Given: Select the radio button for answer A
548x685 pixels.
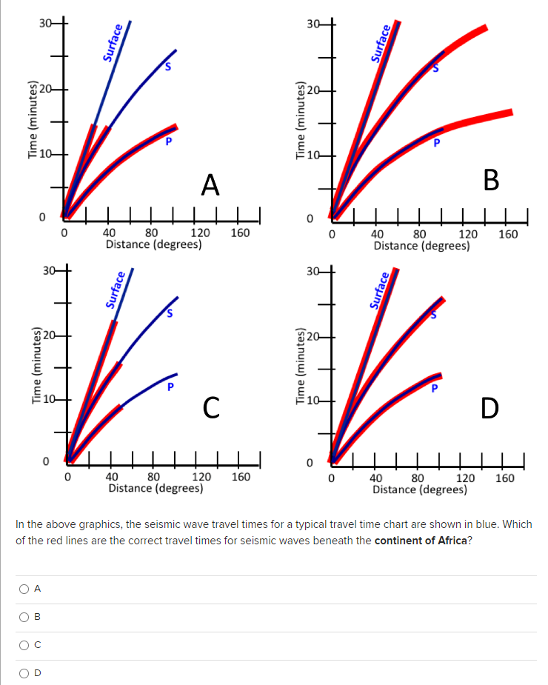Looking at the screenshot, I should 24,589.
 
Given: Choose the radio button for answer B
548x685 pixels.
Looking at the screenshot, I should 24,617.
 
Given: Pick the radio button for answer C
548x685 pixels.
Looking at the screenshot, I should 24,645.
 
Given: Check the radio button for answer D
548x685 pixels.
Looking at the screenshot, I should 24,673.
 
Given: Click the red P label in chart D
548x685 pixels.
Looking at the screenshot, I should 435,387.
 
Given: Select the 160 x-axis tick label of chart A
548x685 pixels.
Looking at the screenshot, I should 241,233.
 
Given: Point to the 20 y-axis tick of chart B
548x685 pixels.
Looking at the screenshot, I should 314,91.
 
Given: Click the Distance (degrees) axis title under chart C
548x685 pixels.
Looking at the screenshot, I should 156,488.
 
